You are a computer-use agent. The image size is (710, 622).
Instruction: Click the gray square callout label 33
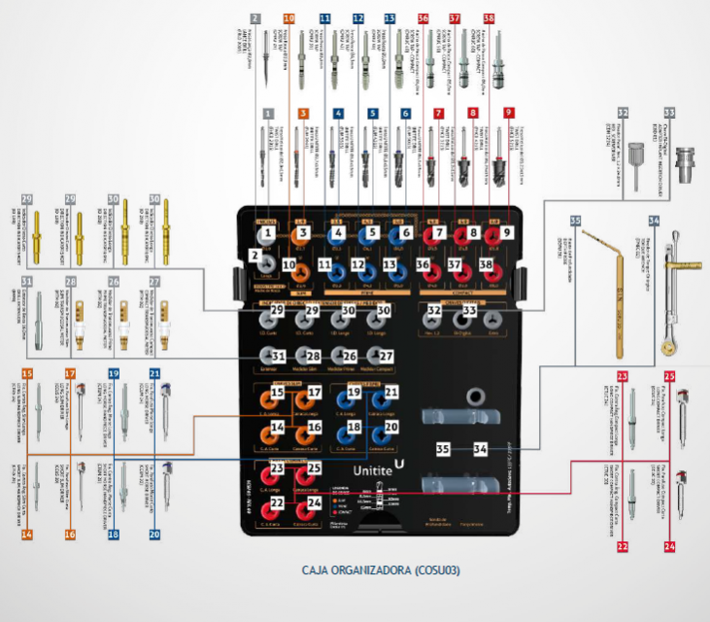coord(668,113)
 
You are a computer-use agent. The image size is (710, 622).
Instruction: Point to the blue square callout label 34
coord(654,222)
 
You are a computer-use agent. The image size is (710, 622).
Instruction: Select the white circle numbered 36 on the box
coord(423,264)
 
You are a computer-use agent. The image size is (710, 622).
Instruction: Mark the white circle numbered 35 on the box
coord(443,449)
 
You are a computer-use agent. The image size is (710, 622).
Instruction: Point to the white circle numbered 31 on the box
coord(278,357)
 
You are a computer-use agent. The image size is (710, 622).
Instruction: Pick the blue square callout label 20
coord(155,534)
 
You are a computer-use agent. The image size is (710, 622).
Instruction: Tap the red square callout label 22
coord(623,546)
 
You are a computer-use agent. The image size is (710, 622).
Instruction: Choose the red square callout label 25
coord(669,375)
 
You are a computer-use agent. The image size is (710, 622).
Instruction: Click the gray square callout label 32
coord(623,113)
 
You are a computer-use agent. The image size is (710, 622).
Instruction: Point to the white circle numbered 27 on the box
coord(386,357)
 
